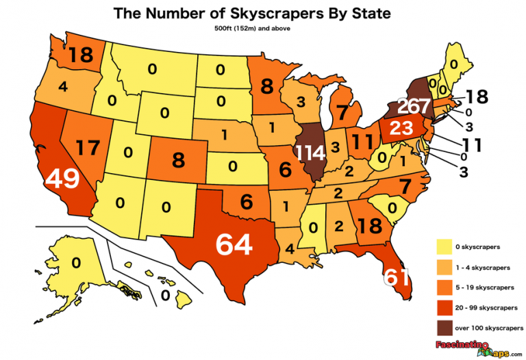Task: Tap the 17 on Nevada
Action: (x=89, y=147)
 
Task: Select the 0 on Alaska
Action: (x=76, y=262)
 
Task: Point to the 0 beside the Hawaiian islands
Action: (x=164, y=295)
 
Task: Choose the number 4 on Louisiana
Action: (x=290, y=248)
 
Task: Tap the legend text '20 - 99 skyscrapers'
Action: (x=488, y=307)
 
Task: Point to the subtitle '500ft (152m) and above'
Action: (x=262, y=29)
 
